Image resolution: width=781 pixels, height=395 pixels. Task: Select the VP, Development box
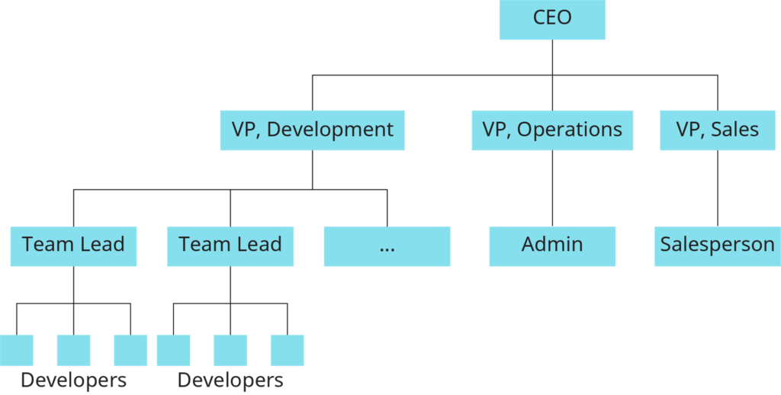[x=312, y=130]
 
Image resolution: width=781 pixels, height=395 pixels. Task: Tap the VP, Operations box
[x=552, y=130]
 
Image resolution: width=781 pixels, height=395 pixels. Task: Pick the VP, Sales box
[x=717, y=130]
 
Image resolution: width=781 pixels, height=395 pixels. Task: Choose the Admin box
[x=552, y=245]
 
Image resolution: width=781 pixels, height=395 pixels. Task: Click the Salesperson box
[x=717, y=245]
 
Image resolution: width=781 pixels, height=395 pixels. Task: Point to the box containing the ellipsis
[x=387, y=245]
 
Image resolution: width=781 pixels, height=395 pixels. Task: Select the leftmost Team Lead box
[x=73, y=245]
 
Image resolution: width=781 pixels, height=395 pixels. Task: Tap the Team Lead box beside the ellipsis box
[x=230, y=245]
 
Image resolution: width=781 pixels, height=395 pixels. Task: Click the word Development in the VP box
[x=330, y=130]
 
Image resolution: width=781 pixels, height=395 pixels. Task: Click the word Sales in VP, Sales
[x=735, y=130]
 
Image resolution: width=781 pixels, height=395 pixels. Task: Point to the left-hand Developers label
[x=73, y=380]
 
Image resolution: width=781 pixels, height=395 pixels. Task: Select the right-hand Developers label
[x=230, y=380]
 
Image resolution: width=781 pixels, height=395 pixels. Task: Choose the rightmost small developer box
[x=288, y=350]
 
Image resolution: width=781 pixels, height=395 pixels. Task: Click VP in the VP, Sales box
[x=689, y=130]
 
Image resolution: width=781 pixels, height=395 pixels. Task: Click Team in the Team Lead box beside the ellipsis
[x=200, y=245]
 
